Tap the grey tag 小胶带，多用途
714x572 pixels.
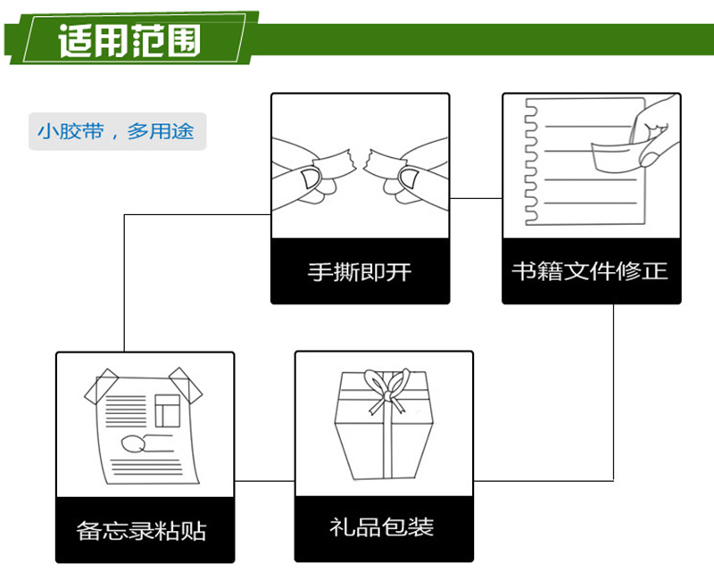pyautogui.click(x=116, y=132)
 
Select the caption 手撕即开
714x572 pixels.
pyautogui.click(x=360, y=271)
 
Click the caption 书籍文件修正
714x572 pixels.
pyautogui.click(x=590, y=270)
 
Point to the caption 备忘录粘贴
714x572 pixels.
pyautogui.click(x=144, y=531)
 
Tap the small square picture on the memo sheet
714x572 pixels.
pyautogui.click(x=166, y=410)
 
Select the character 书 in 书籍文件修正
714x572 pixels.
pyautogui.click(x=524, y=270)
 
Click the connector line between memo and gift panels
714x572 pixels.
pyautogui.click(x=264, y=482)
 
